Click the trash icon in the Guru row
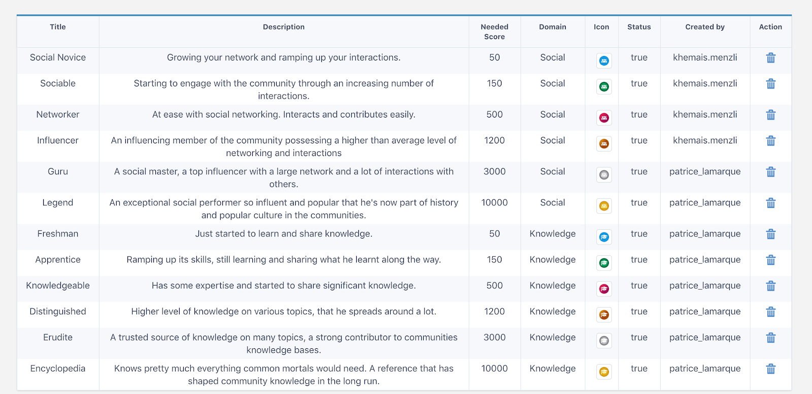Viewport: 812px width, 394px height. point(770,172)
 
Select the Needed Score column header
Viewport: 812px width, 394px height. point(494,32)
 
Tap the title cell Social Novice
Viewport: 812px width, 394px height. point(58,57)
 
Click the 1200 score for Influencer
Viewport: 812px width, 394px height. point(494,140)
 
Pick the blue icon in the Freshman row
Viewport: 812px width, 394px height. point(604,237)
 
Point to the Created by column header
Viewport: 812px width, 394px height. point(704,27)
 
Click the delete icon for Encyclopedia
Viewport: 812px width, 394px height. point(770,369)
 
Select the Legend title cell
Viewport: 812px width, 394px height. point(58,202)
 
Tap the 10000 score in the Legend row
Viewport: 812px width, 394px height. point(494,202)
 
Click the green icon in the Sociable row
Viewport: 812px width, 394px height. point(604,87)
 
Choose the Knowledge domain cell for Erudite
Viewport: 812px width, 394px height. point(552,337)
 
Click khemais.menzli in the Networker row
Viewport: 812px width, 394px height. point(704,114)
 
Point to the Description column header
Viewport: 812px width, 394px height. point(284,27)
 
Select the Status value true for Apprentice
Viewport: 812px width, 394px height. point(639,259)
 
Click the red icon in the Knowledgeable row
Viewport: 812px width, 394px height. point(604,289)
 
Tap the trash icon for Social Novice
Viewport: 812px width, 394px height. point(770,58)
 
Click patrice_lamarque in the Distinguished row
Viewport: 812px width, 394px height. point(704,311)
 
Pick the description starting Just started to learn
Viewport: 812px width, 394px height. point(284,233)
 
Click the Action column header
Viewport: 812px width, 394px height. point(770,27)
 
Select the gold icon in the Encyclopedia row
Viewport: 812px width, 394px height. point(604,372)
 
